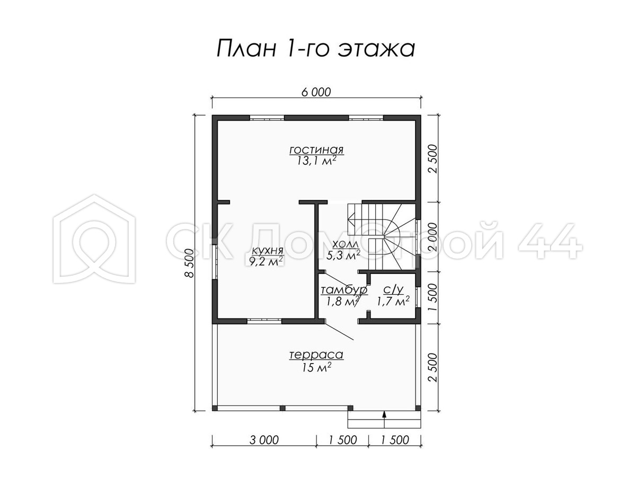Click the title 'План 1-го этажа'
[316, 48]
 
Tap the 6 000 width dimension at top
[316, 92]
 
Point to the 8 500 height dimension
[189, 263]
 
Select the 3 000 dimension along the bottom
[264, 440]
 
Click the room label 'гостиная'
[316, 150]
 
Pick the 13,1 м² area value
[316, 161]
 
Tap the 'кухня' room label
[267, 251]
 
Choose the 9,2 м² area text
[266, 261]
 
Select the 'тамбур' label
[344, 290]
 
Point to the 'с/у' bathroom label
[393, 289]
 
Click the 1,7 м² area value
[393, 301]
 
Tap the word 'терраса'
[316, 355]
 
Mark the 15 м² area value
[316, 367]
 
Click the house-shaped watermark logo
[94, 238]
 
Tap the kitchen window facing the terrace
[264, 321]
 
